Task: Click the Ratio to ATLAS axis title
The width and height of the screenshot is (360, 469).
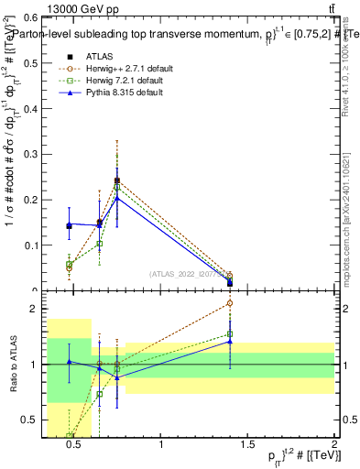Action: click(x=13, y=365)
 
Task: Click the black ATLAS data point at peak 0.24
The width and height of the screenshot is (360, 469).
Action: click(x=117, y=181)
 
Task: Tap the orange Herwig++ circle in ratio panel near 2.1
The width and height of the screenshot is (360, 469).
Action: click(x=230, y=303)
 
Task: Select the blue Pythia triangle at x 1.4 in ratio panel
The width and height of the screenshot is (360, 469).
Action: click(x=230, y=342)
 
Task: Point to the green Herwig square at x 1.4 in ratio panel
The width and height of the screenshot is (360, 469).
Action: click(x=230, y=334)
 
